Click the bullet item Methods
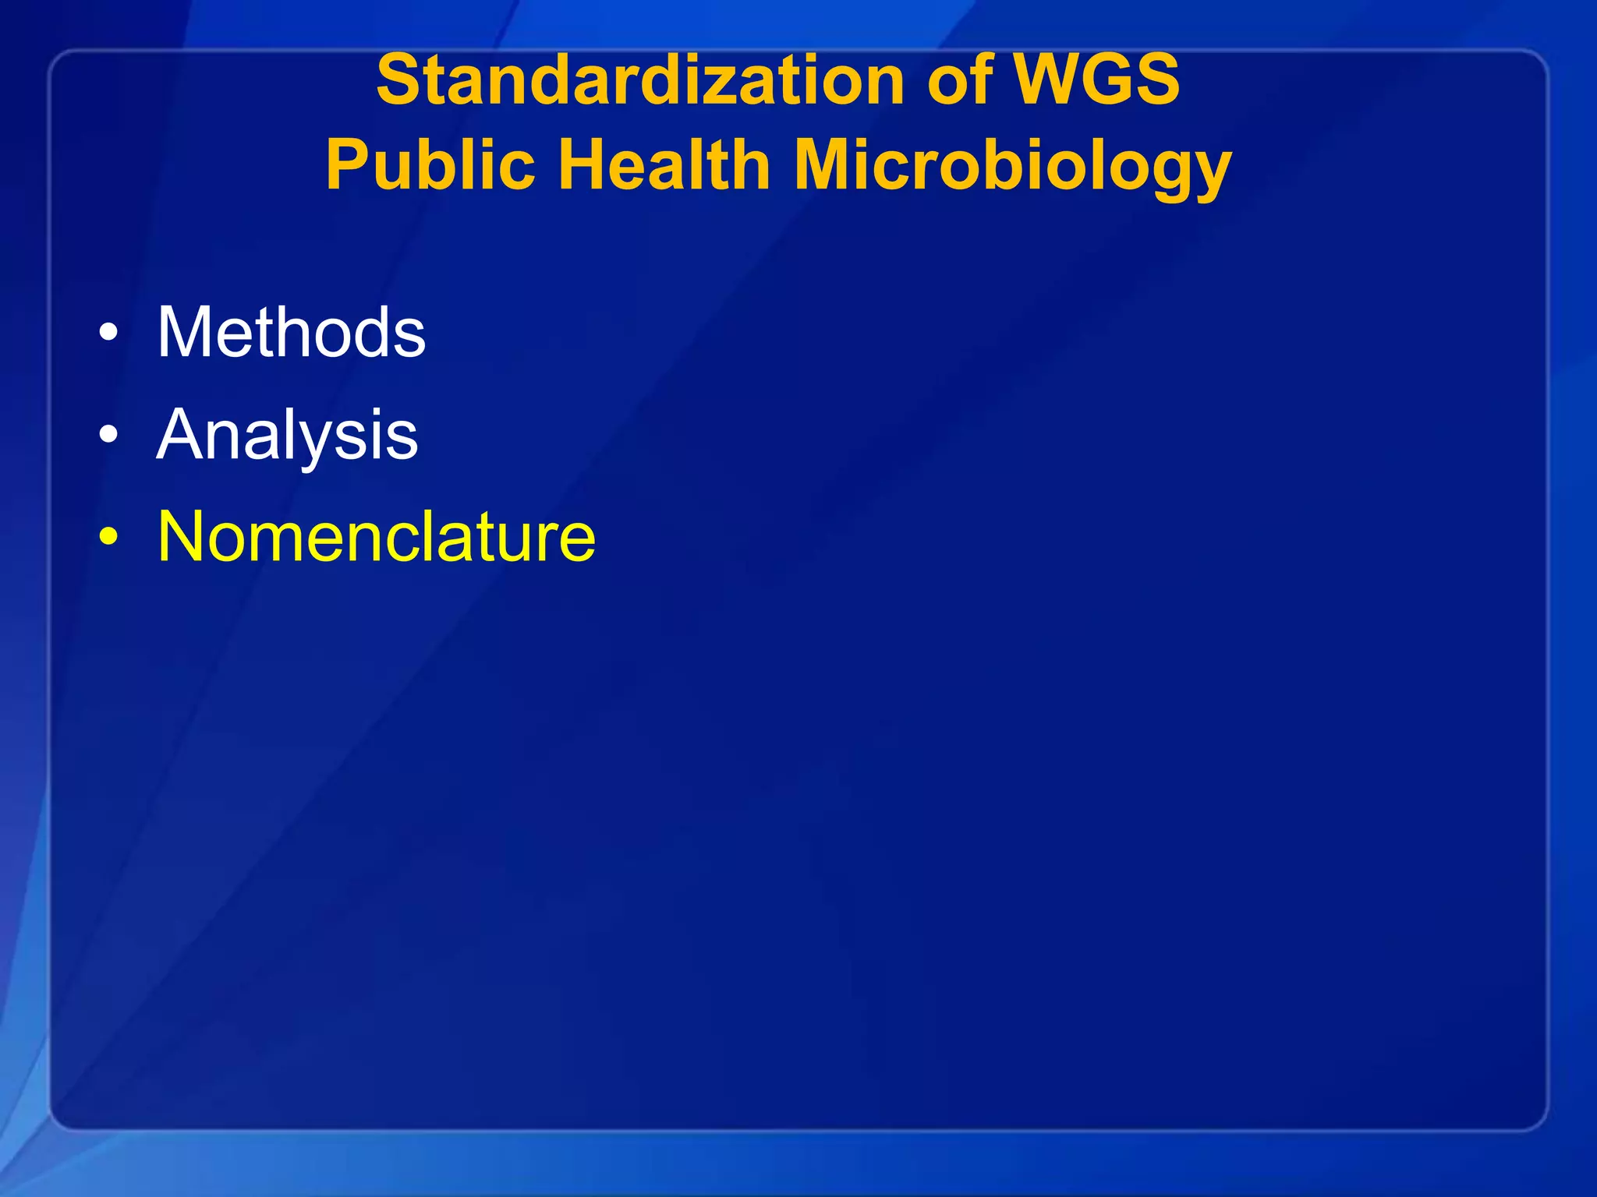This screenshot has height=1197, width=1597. (292, 333)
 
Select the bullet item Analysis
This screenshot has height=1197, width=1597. (287, 435)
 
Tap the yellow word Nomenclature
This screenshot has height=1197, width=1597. (377, 537)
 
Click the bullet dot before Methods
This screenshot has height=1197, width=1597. (109, 334)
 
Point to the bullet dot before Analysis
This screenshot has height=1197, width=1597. (109, 436)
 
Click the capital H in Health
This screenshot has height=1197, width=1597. (584, 165)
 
